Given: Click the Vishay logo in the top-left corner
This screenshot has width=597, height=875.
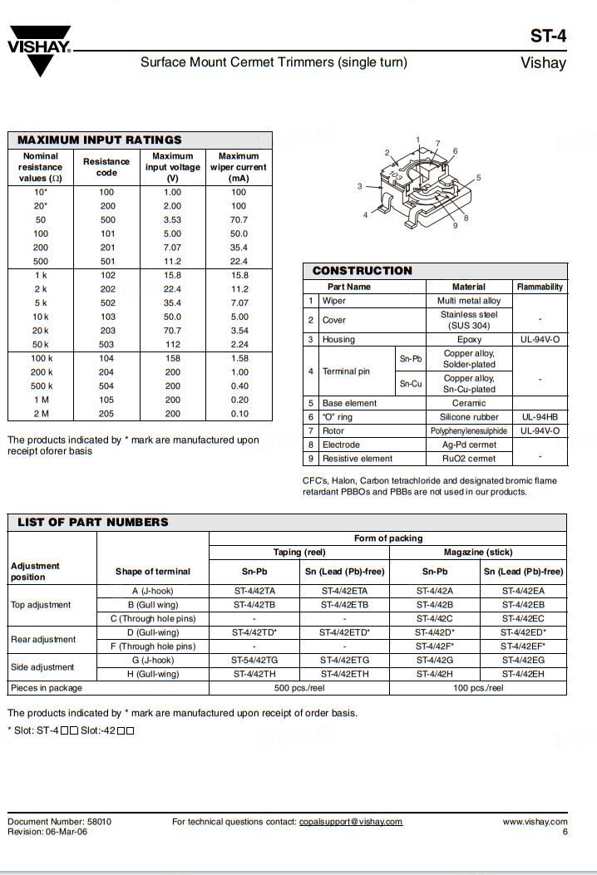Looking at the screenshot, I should (x=39, y=51).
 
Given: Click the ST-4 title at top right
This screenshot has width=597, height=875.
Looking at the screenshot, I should (x=548, y=37).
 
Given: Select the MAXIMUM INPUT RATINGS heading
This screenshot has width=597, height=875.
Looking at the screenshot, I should (x=100, y=140).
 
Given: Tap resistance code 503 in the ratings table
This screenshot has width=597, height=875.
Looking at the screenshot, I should (x=106, y=344).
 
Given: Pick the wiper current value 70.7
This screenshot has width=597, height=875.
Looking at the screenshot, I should (x=239, y=219).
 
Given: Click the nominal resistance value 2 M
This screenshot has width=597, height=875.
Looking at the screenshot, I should (x=41, y=413).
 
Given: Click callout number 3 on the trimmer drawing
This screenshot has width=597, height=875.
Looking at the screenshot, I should (x=360, y=186).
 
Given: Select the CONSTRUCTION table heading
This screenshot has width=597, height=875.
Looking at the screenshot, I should (x=362, y=270).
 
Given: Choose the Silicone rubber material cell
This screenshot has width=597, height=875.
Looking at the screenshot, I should (x=469, y=417).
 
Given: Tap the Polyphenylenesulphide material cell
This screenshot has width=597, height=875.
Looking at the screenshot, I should (x=469, y=431).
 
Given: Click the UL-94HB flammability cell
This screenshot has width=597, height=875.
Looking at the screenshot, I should (x=540, y=417).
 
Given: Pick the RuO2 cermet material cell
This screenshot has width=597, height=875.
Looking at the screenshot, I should (x=469, y=458).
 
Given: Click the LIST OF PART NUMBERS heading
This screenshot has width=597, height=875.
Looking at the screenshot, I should (x=93, y=522).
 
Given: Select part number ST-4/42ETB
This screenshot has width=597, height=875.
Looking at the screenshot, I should (x=343, y=605).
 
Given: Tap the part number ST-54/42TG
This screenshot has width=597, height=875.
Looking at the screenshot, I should (x=254, y=660).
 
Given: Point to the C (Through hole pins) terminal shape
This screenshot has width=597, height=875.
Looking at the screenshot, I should (x=152, y=618).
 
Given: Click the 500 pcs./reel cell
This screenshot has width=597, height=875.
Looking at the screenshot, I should (x=298, y=688).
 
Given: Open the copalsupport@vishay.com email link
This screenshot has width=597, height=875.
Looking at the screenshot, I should (x=351, y=822).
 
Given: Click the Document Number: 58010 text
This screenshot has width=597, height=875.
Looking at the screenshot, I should (x=59, y=822).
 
